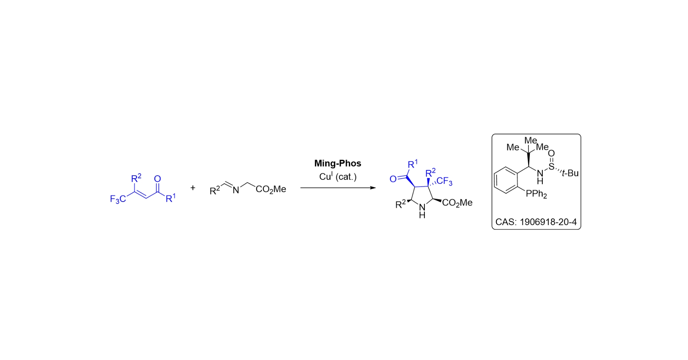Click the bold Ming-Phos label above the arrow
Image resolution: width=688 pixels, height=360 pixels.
click(x=337, y=164)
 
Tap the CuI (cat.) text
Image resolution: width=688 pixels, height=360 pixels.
click(x=338, y=177)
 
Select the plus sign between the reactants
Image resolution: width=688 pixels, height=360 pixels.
click(x=193, y=188)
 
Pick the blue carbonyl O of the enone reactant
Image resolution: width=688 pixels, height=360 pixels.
click(x=157, y=179)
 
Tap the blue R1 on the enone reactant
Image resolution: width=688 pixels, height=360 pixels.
click(x=170, y=198)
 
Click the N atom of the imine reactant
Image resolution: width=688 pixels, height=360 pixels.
click(x=236, y=190)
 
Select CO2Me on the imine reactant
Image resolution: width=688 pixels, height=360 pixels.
click(x=271, y=189)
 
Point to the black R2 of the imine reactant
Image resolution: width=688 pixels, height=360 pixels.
click(x=215, y=190)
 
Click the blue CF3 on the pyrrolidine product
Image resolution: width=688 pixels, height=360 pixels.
click(x=444, y=181)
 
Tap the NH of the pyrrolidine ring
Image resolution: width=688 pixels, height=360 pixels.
click(x=422, y=211)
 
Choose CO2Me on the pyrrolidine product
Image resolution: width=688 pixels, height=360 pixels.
click(x=457, y=203)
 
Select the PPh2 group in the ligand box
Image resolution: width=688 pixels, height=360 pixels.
click(x=536, y=194)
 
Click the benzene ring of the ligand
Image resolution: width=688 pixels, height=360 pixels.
click(x=506, y=180)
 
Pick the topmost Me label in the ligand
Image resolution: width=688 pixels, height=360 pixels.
click(x=531, y=141)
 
